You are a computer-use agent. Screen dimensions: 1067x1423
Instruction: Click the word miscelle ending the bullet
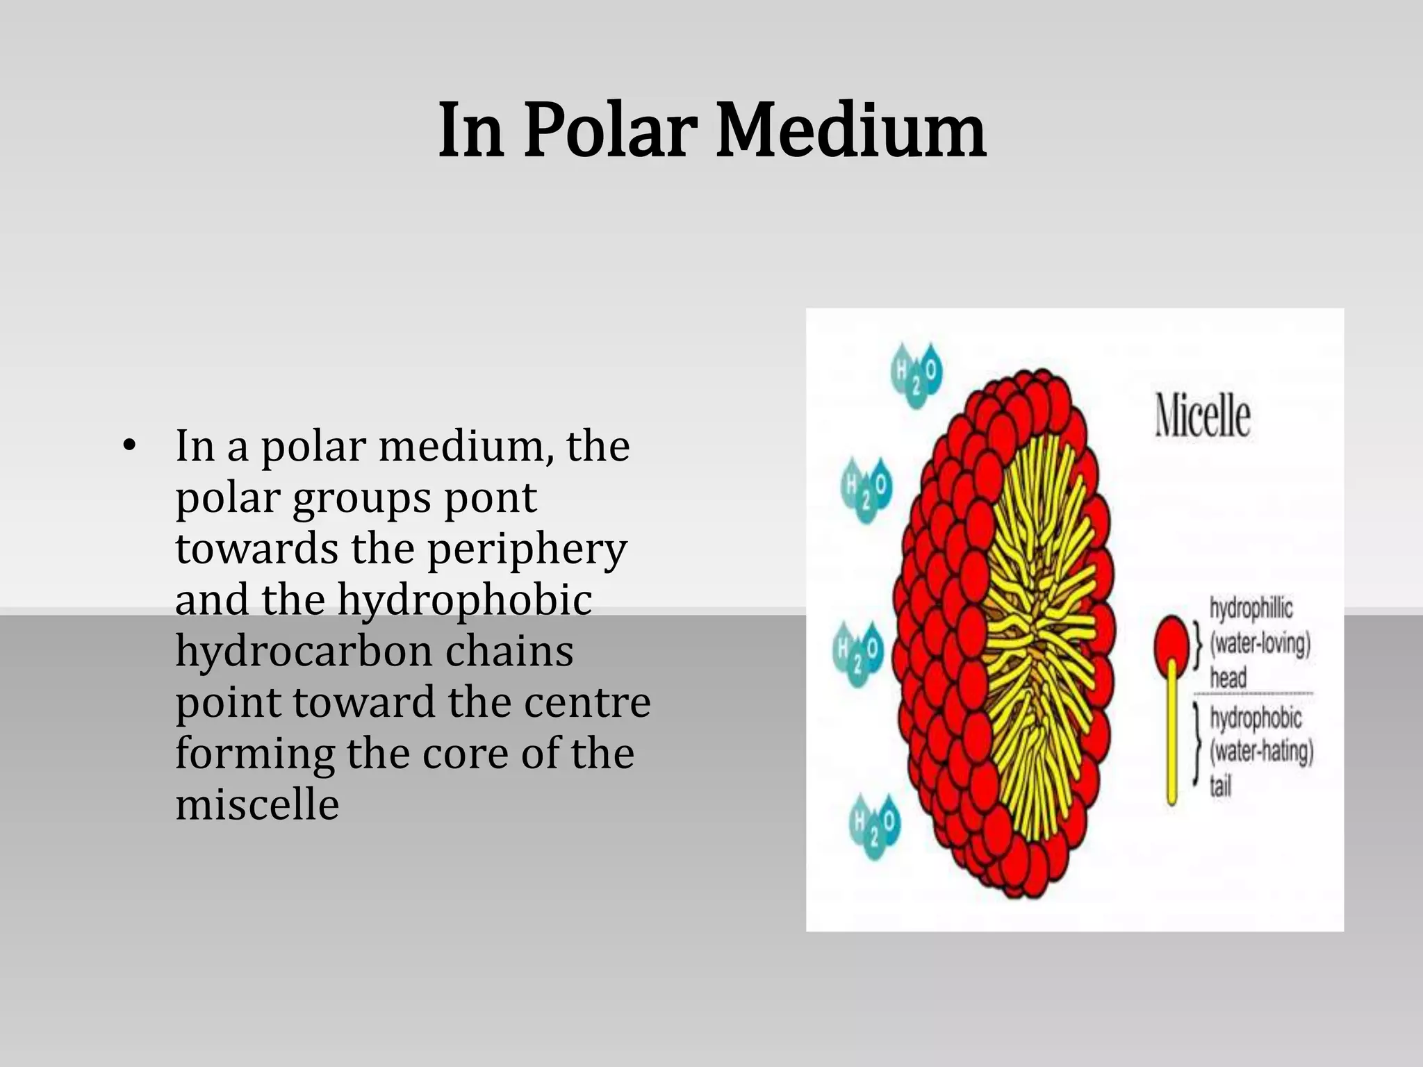point(257,804)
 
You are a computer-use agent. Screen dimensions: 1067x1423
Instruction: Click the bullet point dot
point(126,446)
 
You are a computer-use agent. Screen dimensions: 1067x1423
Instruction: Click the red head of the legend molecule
point(1171,639)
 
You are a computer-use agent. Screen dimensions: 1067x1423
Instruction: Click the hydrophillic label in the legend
point(1251,608)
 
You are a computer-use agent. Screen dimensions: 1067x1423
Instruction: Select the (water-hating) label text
point(1261,752)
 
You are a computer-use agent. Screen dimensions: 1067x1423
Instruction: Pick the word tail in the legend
point(1220,786)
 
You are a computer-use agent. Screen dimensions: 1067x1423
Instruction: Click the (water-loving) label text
point(1260,643)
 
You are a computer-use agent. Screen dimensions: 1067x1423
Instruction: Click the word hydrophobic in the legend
point(1255,717)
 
